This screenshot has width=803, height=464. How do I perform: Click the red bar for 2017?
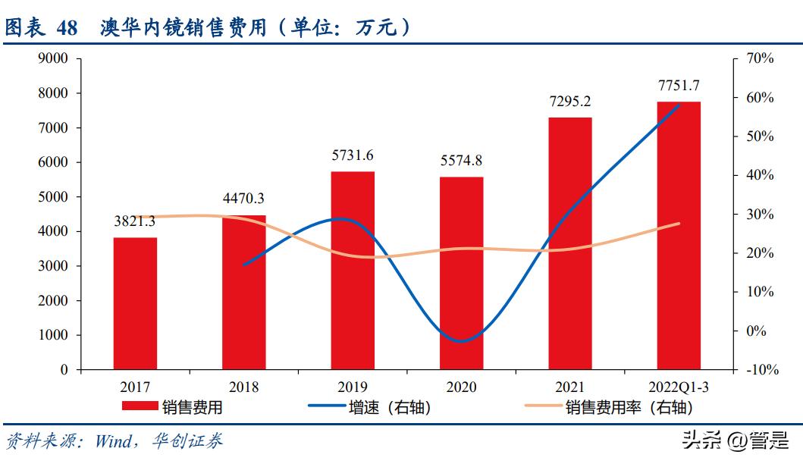pos(135,303)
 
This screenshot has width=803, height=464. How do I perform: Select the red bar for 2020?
pos(461,273)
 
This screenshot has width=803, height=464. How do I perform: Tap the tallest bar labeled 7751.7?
pos(679,235)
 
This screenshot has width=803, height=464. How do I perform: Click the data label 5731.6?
pos(353,155)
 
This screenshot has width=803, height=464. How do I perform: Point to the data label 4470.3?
pos(243,199)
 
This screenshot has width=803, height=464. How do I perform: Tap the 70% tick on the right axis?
pos(759,58)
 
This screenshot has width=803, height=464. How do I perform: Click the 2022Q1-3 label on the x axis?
pos(678,387)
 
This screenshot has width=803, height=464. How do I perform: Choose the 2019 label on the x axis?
pos(352,387)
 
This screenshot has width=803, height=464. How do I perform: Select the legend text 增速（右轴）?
pos(390,407)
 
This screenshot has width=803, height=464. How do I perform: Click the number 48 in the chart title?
pos(67,28)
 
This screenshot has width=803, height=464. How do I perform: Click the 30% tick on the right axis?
pos(759,214)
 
